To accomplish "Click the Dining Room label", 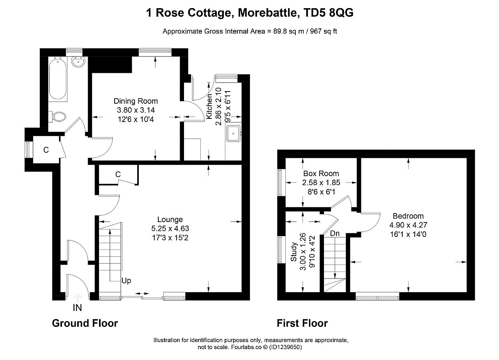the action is click(136, 101).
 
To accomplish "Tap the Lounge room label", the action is click(170, 219).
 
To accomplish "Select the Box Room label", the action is click(321, 173).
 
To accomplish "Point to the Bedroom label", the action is click(408, 216).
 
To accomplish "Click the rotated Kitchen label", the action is click(209, 106).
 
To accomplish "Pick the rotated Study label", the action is click(294, 252).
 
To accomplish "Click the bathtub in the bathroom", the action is click(58, 79).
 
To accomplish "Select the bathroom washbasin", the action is click(78, 62).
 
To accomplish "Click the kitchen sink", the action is click(234, 133).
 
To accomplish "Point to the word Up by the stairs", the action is click(126, 281).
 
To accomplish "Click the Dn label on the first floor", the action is click(334, 233).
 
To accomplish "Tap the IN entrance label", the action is click(77, 308).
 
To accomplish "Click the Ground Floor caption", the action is click(85, 323).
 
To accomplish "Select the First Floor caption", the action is click(302, 323).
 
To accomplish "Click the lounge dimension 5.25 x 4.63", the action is click(170, 228).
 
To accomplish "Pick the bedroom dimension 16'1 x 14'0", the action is click(408, 234).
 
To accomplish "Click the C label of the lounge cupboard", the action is click(118, 174).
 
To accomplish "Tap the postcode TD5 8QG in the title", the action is click(329, 13).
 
